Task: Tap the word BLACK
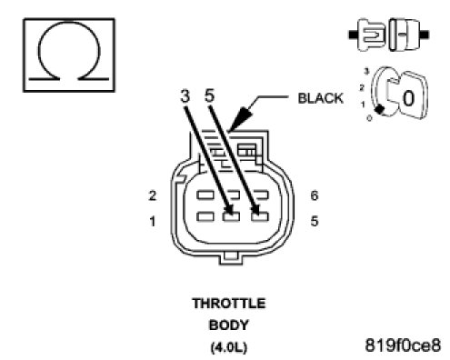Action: pyautogui.click(x=321, y=98)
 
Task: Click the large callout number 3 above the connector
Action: pyautogui.click(x=185, y=96)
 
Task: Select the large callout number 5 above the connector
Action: pyautogui.click(x=210, y=95)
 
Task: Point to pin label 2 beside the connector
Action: pyautogui.click(x=153, y=195)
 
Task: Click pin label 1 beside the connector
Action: pyautogui.click(x=153, y=222)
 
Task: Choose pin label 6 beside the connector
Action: pyautogui.click(x=315, y=195)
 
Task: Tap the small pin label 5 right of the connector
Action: pyautogui.click(x=315, y=221)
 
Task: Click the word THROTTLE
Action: pyautogui.click(x=229, y=304)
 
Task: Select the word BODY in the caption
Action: pyautogui.click(x=229, y=325)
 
